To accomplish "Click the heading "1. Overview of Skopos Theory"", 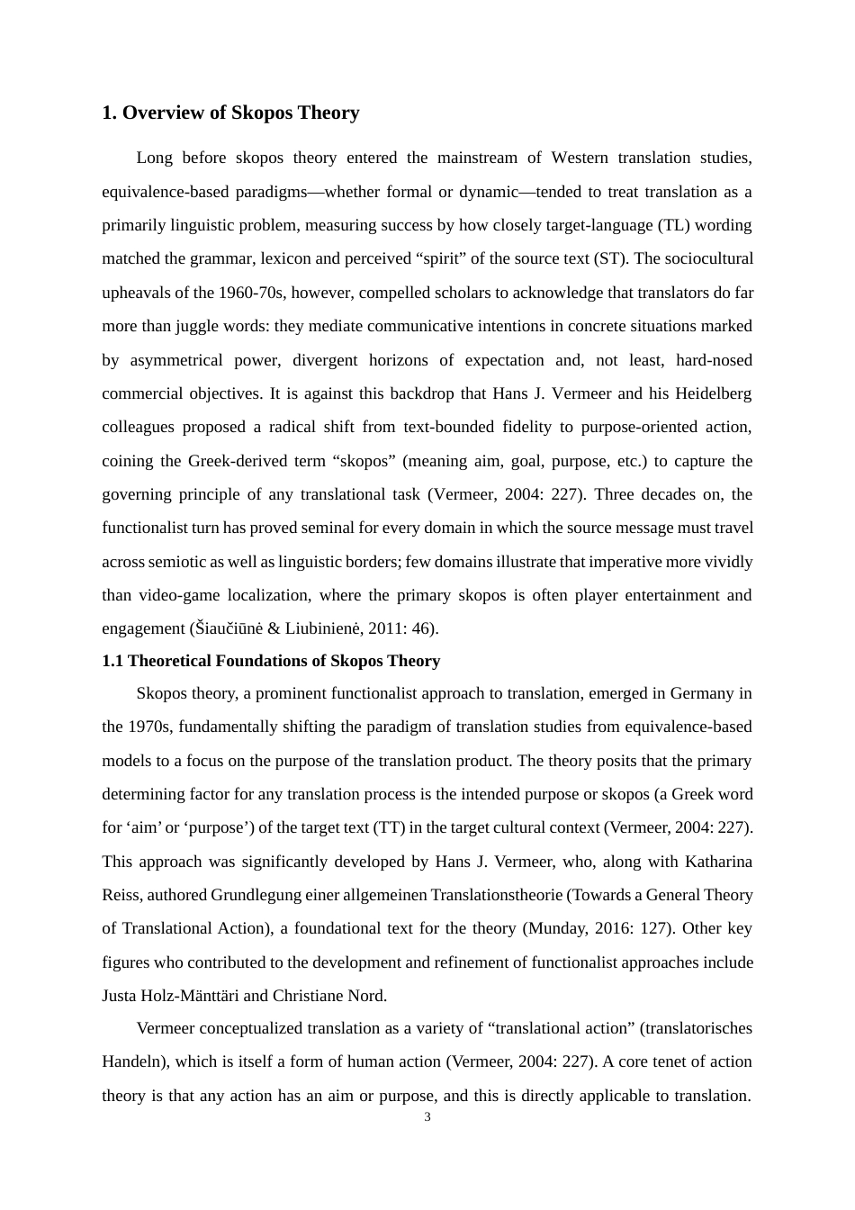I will pos(230,113).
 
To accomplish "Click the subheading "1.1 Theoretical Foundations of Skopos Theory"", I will pos(271,661).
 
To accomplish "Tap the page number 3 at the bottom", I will pos(427,1117).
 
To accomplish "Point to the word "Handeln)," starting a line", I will pos(136,1061).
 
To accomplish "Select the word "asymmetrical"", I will pos(177,360).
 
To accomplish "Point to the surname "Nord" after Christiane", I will pos(368,996).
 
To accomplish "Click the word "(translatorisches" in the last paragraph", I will pos(696,1028).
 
